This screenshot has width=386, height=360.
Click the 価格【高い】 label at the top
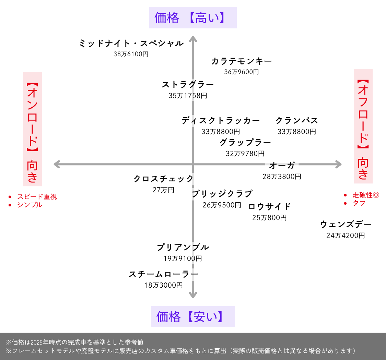coord(193,17)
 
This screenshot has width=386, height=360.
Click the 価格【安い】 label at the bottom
coord(193,316)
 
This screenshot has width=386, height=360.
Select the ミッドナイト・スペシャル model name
coord(131,44)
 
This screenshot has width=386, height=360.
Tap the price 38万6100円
coord(131,54)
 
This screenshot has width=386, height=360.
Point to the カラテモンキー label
coord(242,61)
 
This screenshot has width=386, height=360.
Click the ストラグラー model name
coord(188,85)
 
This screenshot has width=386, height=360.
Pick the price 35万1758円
coord(188,96)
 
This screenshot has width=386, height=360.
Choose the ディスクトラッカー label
coord(221,121)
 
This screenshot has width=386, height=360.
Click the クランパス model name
coord(297,121)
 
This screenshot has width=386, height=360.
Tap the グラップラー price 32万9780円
coord(245,154)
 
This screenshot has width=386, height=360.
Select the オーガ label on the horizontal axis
coord(282,166)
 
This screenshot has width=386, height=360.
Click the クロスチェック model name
coord(164,179)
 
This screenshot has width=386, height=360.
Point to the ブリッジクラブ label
coord(222,194)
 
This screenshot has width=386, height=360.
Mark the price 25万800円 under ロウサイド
coord(269,218)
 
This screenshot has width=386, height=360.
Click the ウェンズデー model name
coord(346,225)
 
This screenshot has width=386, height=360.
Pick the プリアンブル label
coord(183,248)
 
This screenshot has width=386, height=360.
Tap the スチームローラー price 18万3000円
coord(163,285)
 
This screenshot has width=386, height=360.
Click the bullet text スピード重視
coord(37,197)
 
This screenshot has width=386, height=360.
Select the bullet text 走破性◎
coord(365,195)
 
